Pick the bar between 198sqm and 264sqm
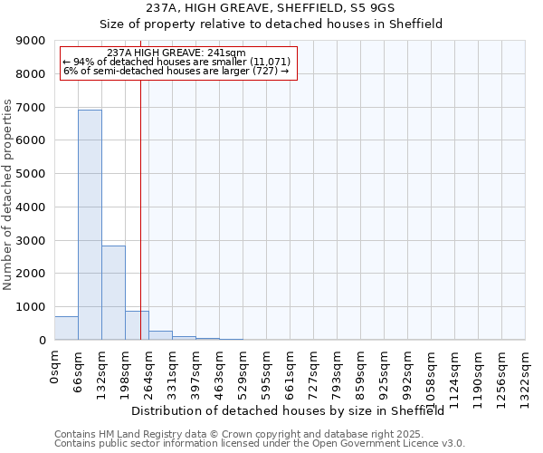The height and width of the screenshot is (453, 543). pyautogui.click(x=137, y=325)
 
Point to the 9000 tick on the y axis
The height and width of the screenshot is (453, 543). pyautogui.click(x=32, y=41)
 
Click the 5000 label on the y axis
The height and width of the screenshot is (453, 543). pyautogui.click(x=32, y=174)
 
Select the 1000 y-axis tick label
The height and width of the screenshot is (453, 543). pyautogui.click(x=32, y=307)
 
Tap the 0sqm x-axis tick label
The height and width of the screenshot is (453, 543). pyautogui.click(x=55, y=368)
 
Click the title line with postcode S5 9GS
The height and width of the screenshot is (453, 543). pyautogui.click(x=271, y=8)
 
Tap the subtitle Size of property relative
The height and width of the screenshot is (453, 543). pyautogui.click(x=271, y=24)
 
